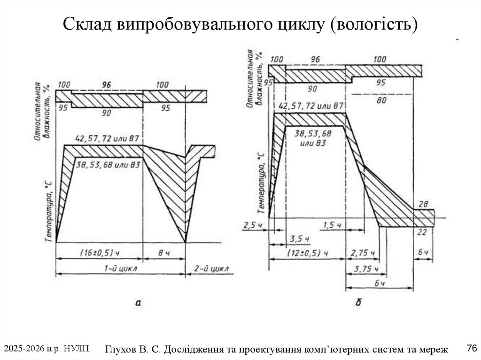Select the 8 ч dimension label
(163, 253)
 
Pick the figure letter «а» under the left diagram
(138, 303)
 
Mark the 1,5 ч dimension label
(333, 225)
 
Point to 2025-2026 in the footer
(23, 348)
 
